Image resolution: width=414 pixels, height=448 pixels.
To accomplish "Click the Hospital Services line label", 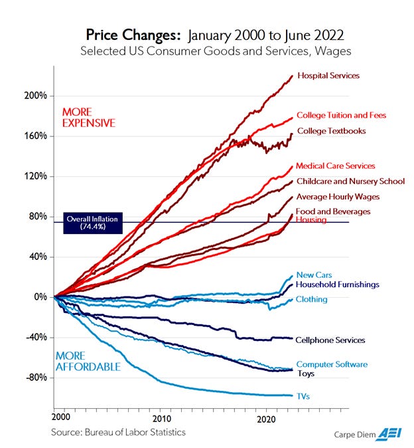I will point(328,76).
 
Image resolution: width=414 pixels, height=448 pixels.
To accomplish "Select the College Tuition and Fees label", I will point(340,116).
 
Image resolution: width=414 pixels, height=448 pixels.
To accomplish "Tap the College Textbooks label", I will point(330,131).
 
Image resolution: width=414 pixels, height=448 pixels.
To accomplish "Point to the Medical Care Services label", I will point(335,166).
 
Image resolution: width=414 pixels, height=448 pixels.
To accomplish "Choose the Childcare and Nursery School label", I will point(350,181).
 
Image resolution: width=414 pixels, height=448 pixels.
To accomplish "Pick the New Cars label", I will point(314,275).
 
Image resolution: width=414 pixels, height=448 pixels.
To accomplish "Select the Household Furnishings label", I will point(337,284).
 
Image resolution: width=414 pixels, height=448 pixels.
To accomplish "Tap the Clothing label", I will point(311,300).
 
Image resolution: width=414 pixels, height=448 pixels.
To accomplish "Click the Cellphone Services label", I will point(330,340).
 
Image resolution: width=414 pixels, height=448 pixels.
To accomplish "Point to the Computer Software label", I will point(331,364).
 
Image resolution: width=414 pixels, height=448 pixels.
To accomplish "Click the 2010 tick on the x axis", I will point(163,419).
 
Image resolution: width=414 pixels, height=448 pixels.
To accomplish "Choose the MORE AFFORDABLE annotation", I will point(88,361).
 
